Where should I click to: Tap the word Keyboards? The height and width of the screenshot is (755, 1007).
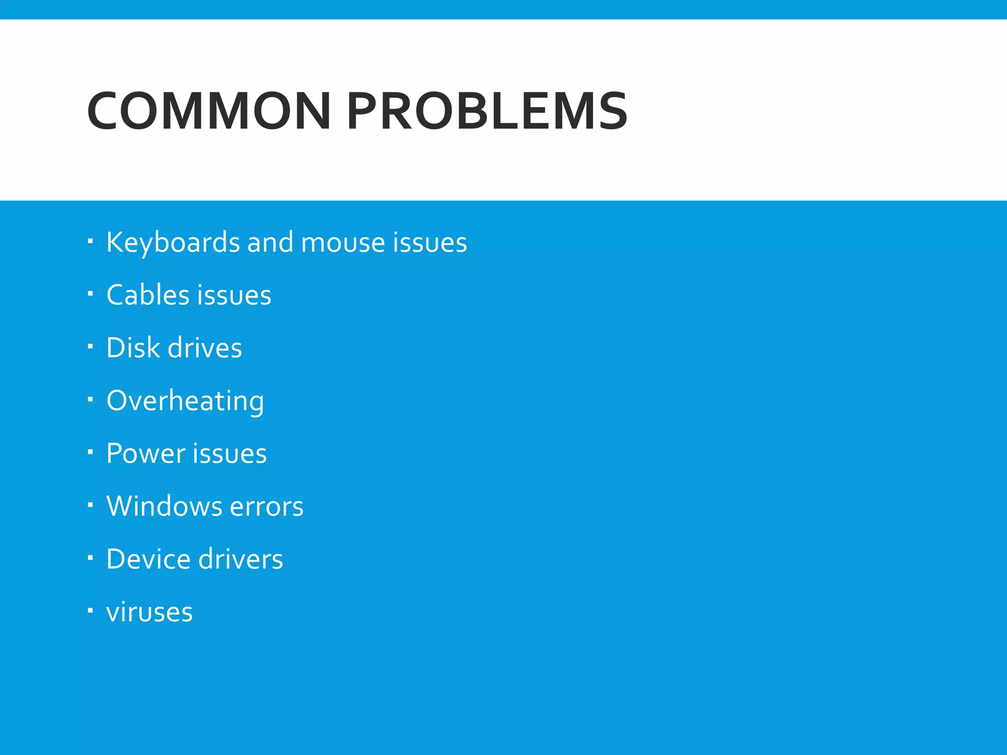coord(173,242)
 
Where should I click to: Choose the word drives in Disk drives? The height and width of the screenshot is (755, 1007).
coord(205,348)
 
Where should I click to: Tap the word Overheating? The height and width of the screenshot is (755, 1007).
coord(185,401)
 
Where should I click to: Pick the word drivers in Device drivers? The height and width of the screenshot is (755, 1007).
coord(241,559)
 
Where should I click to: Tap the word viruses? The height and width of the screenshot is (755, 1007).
coord(149,612)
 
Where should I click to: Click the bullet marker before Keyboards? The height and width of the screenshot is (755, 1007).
coord(90,241)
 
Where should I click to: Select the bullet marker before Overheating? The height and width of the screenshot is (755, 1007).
coord(90,400)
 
